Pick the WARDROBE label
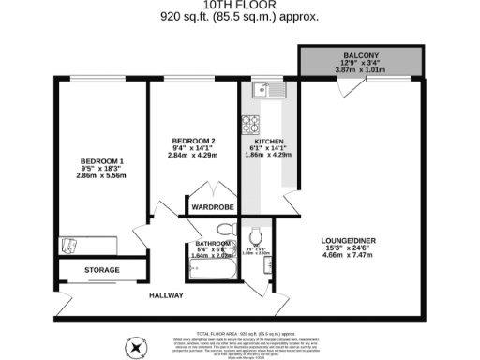pyautogui.click(x=212, y=207)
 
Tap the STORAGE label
pyautogui.click(x=103, y=270)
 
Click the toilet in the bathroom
pyautogui.click(x=225, y=229)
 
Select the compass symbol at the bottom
pyautogui.click(x=138, y=349)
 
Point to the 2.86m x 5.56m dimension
pyautogui.click(x=101, y=176)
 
